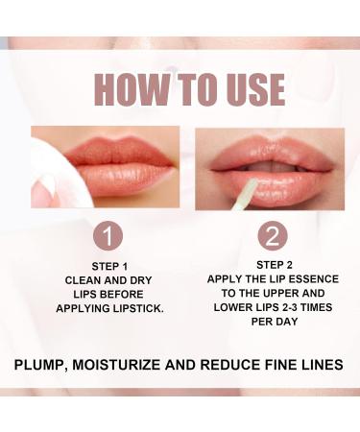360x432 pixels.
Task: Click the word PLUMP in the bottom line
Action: (x=46, y=365)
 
